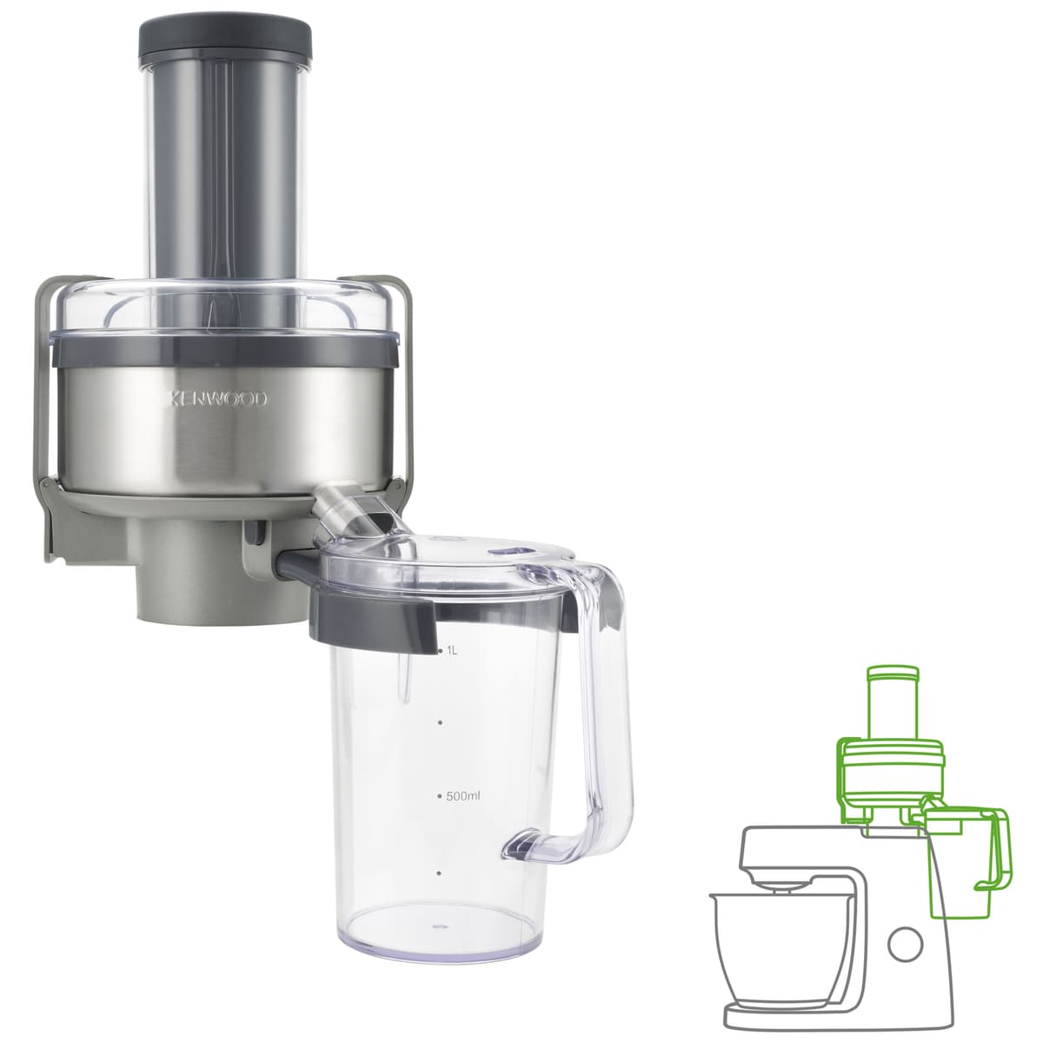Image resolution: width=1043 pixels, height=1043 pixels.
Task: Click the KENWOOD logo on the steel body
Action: [x=217, y=400]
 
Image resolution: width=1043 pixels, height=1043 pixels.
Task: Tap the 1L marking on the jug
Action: [x=452, y=651]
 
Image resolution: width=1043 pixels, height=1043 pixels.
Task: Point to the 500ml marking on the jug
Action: [x=463, y=796]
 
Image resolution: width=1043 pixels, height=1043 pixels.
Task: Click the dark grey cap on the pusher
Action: [x=225, y=42]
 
